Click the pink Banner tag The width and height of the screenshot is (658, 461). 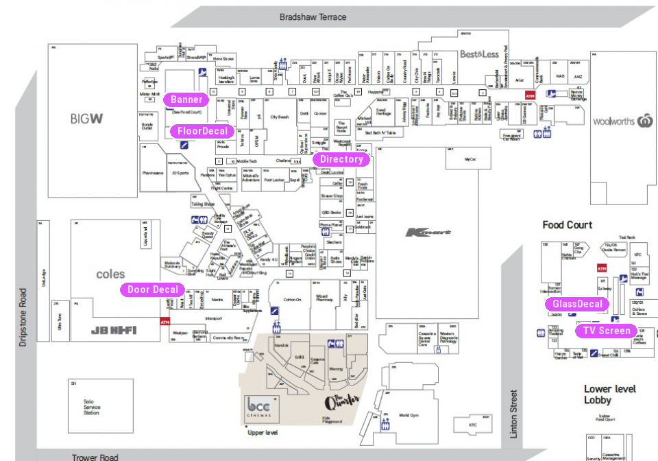pyautogui.click(x=186, y=99)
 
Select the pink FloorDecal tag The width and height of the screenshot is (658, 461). pyautogui.click(x=202, y=131)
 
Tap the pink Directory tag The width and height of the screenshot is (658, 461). pyautogui.click(x=341, y=159)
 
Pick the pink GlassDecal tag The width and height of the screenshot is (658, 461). pyautogui.click(x=577, y=304)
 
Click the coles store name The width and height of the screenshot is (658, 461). pyautogui.click(x=110, y=274)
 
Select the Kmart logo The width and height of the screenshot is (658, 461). pyautogui.click(x=428, y=233)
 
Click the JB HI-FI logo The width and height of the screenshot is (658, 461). pyautogui.click(x=114, y=330)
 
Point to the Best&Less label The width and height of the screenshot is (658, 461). pyautogui.click(x=479, y=54)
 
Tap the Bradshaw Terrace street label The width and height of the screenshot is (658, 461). pyautogui.click(x=313, y=16)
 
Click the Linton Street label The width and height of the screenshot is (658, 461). pyautogui.click(x=513, y=413)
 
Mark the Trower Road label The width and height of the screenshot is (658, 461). pyautogui.click(x=95, y=456)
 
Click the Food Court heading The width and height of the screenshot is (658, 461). pyautogui.click(x=567, y=225)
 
